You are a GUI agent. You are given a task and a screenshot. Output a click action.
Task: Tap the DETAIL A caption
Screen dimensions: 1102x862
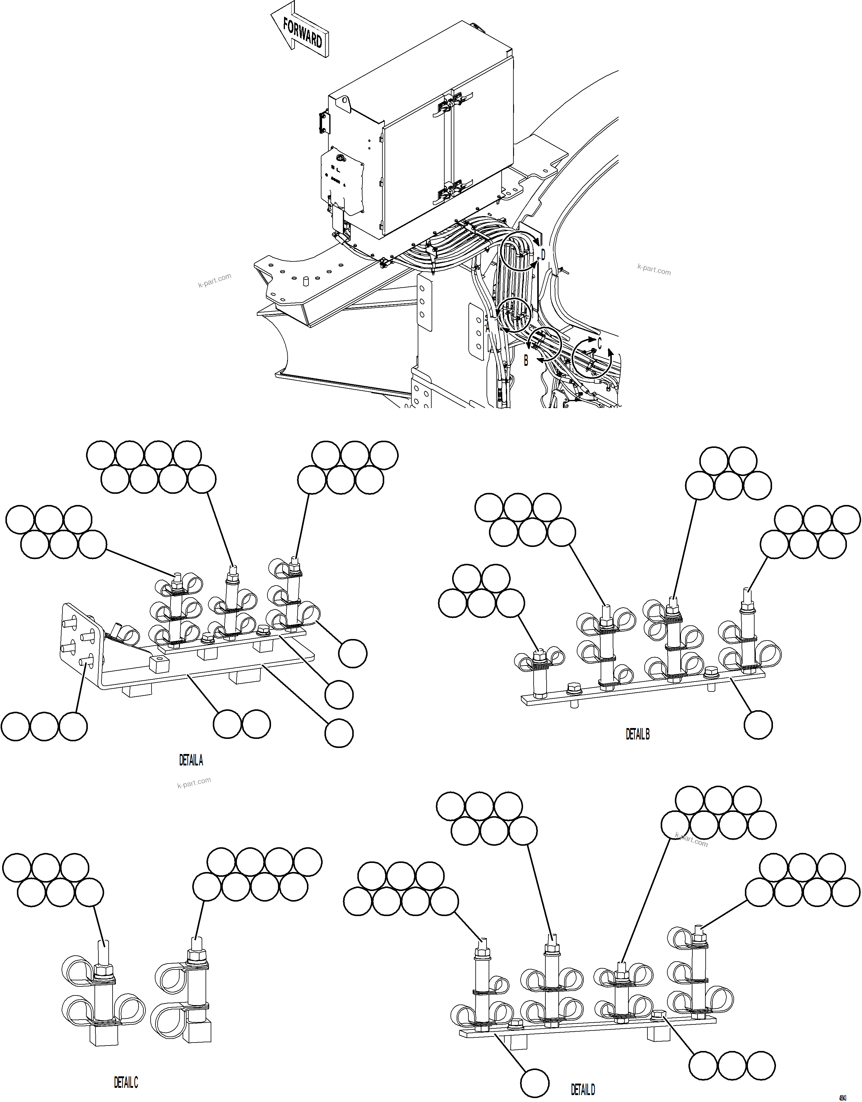[191, 760]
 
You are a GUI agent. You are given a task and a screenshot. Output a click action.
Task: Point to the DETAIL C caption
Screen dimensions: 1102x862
[126, 1082]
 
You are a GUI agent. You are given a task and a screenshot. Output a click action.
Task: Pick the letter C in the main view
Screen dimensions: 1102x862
[599, 343]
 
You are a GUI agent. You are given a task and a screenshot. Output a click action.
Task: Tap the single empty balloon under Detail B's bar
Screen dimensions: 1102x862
[758, 725]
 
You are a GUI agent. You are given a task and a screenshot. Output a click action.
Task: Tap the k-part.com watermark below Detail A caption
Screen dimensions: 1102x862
[194, 783]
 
